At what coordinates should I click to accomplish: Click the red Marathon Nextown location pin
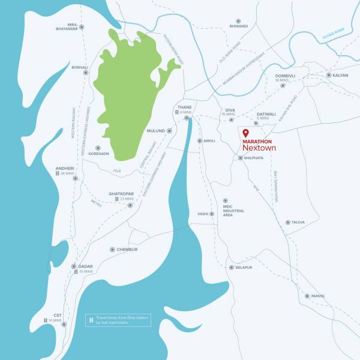tap(245, 133)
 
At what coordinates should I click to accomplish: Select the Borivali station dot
tap(91, 67)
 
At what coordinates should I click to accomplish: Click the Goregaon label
tap(99, 154)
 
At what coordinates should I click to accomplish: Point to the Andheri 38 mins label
tap(64, 170)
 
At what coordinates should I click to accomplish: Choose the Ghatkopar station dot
tap(130, 205)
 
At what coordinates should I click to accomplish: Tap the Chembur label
tap(127, 249)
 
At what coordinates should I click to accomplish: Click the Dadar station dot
tap(73, 266)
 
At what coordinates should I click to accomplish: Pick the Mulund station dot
tap(169, 130)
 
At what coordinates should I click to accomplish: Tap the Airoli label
tap(209, 141)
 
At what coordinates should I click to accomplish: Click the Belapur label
tap(244, 268)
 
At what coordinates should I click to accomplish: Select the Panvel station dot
tap(307, 296)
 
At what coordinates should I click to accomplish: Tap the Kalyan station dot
tap(327, 75)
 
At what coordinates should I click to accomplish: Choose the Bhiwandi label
tap(239, 26)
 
